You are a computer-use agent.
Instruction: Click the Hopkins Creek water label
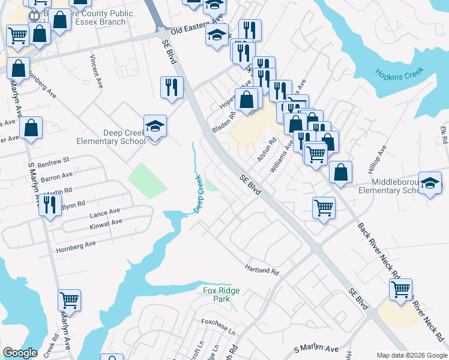[x=399, y=74]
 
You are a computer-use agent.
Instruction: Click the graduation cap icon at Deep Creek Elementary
[x=155, y=127]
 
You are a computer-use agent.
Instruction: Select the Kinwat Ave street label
[x=106, y=223]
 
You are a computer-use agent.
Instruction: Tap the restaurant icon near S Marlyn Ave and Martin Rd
[x=50, y=204]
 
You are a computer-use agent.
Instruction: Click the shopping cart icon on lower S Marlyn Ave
[x=70, y=300]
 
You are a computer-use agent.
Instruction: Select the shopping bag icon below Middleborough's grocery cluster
[x=340, y=172]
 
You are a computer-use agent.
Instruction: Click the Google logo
[x=20, y=353]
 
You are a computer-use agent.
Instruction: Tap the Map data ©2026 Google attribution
[x=411, y=355]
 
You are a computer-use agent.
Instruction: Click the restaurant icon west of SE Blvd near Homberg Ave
[x=172, y=87]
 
